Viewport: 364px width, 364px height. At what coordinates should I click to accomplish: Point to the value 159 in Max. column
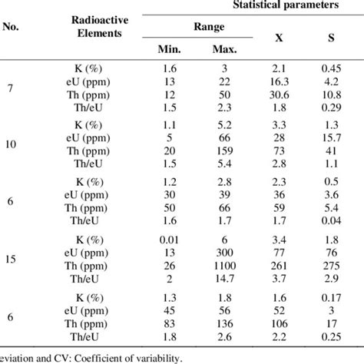225,151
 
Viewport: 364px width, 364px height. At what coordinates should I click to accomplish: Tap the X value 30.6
281,93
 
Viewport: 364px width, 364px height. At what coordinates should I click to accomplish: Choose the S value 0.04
331,220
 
